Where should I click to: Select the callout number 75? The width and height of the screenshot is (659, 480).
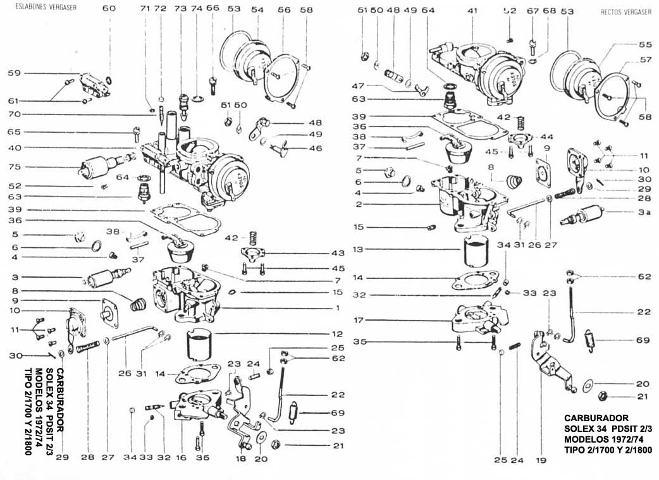pos(14,167)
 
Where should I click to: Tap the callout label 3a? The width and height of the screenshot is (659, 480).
pos(644,213)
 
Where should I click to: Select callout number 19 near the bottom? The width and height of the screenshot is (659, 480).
pos(541,460)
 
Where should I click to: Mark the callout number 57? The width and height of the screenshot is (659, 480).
pos(645,60)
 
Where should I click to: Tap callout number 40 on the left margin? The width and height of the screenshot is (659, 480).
pos(14,148)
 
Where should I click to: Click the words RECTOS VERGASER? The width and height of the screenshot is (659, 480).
pos(626,11)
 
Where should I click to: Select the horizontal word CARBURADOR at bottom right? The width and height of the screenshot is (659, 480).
pos(596,418)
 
